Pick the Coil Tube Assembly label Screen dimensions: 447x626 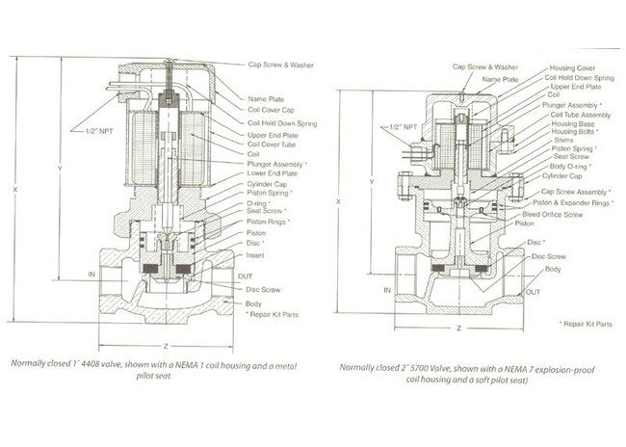[575, 114]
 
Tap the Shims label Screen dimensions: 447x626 [560, 141]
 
